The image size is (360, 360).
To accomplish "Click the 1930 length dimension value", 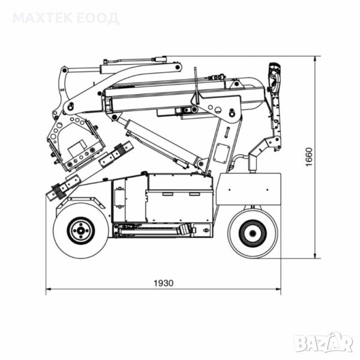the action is (x=163, y=283).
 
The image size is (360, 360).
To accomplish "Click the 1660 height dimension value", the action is (x=309, y=157).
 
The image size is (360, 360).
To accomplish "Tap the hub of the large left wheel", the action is (x=80, y=231).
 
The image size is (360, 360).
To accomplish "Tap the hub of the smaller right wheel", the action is (x=253, y=233).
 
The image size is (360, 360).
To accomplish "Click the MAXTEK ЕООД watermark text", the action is (x=66, y=18).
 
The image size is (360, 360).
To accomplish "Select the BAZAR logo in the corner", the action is (x=324, y=343).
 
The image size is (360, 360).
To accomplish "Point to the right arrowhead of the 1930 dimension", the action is (x=278, y=289).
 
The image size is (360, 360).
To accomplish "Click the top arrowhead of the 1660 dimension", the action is (x=315, y=59).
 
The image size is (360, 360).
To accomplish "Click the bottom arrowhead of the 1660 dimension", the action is (x=315, y=256).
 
